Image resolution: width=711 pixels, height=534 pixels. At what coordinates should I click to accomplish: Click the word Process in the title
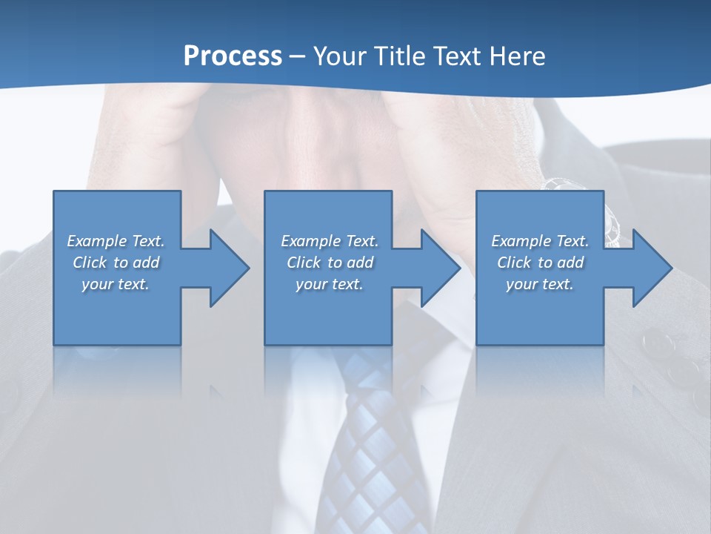pos(233,56)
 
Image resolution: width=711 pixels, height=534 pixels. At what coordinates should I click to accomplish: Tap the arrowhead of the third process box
pos(649,268)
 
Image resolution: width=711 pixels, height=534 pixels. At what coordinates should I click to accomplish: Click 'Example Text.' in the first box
pos(116,241)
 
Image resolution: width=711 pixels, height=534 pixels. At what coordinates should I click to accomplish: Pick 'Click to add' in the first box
pos(116,263)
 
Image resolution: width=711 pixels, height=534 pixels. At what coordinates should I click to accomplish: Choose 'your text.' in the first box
pos(116,284)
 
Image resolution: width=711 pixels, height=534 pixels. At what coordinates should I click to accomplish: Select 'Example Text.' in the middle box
pos(330,241)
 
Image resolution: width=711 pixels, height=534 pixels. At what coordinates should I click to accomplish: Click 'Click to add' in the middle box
pos(330,263)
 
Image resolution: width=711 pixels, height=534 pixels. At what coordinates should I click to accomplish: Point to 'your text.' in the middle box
pos(330,284)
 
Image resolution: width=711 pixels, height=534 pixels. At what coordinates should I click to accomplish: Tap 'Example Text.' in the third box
pos(540,241)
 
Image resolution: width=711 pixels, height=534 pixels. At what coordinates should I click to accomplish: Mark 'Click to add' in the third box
pos(540,263)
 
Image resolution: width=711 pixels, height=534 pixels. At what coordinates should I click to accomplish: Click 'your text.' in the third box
pos(540,284)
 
